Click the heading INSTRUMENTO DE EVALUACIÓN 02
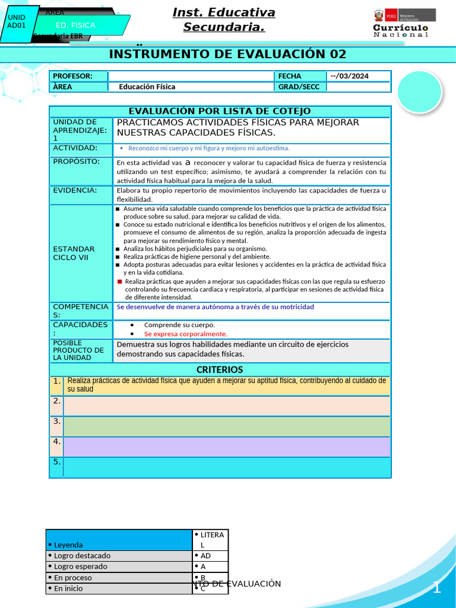(x=227, y=55)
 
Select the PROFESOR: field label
(x=72, y=76)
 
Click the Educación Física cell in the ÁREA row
(x=147, y=87)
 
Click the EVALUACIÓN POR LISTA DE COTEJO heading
(x=220, y=112)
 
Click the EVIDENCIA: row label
(x=75, y=190)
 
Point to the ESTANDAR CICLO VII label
(x=74, y=253)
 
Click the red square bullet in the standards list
(x=119, y=281)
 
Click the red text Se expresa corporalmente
(x=185, y=334)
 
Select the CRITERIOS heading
(x=220, y=370)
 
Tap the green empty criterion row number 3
(x=227, y=426)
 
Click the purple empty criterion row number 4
(x=227, y=446)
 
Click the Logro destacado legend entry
(x=82, y=556)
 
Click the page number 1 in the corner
(x=436, y=588)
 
